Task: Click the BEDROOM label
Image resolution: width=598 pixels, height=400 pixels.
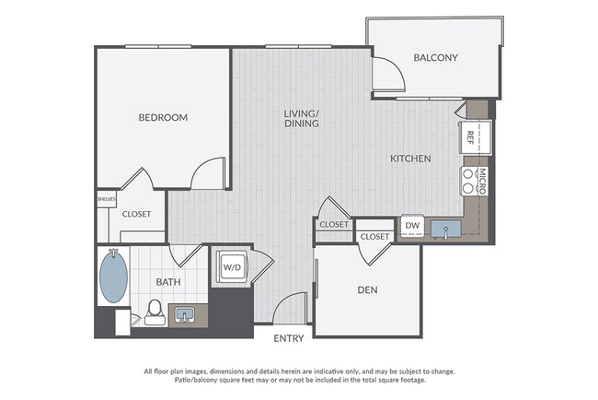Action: click(x=163, y=117)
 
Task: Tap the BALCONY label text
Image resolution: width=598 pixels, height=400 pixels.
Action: click(x=435, y=58)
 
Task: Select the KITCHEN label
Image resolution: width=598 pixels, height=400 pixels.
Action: click(x=410, y=159)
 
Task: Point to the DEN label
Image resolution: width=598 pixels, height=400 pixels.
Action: click(x=367, y=290)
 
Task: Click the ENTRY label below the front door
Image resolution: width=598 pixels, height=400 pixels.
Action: click(x=289, y=338)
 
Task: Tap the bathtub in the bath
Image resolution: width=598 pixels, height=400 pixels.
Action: click(x=113, y=276)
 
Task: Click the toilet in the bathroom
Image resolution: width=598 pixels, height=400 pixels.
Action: click(x=155, y=312)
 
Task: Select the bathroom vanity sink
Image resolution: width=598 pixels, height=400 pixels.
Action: click(x=185, y=315)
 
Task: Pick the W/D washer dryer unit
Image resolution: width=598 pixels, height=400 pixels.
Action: click(x=232, y=267)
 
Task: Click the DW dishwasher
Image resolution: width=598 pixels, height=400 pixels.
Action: click(x=412, y=226)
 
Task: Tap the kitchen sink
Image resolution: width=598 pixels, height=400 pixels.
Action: click(x=446, y=229)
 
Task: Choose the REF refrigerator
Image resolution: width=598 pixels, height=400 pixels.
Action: click(x=475, y=137)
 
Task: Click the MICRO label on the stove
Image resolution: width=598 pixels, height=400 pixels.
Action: click(x=482, y=181)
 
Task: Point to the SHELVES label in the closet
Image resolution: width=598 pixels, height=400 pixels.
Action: click(x=107, y=199)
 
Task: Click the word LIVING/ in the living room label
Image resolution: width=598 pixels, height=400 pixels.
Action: click(x=301, y=113)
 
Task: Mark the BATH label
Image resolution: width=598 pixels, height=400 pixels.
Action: click(x=168, y=282)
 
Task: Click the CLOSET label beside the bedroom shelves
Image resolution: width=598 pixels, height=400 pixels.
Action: click(x=136, y=215)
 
